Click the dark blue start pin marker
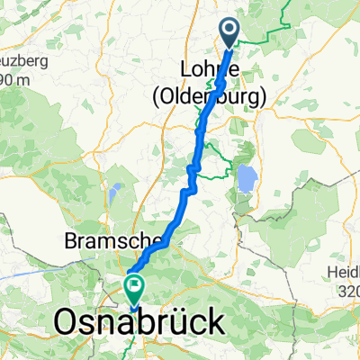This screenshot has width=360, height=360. tap(229, 32)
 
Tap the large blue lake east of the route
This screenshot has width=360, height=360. tap(244, 179)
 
